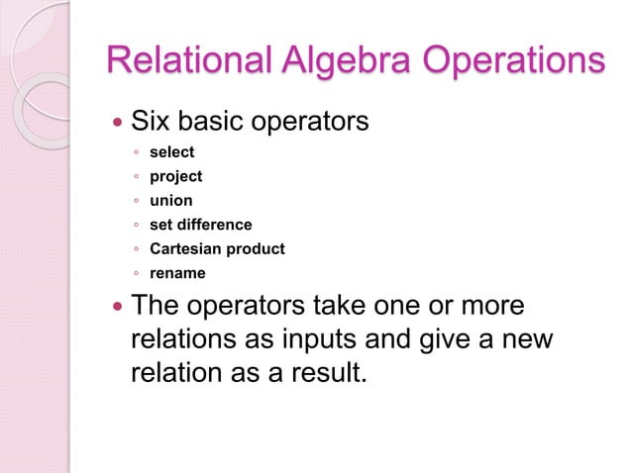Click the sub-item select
[171, 152]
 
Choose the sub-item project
[175, 176]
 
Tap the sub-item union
[170, 201]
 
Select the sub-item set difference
[200, 225]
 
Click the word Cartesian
[182, 248]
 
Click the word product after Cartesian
[252, 248]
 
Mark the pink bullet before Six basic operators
[117, 125]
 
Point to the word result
[322, 376]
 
